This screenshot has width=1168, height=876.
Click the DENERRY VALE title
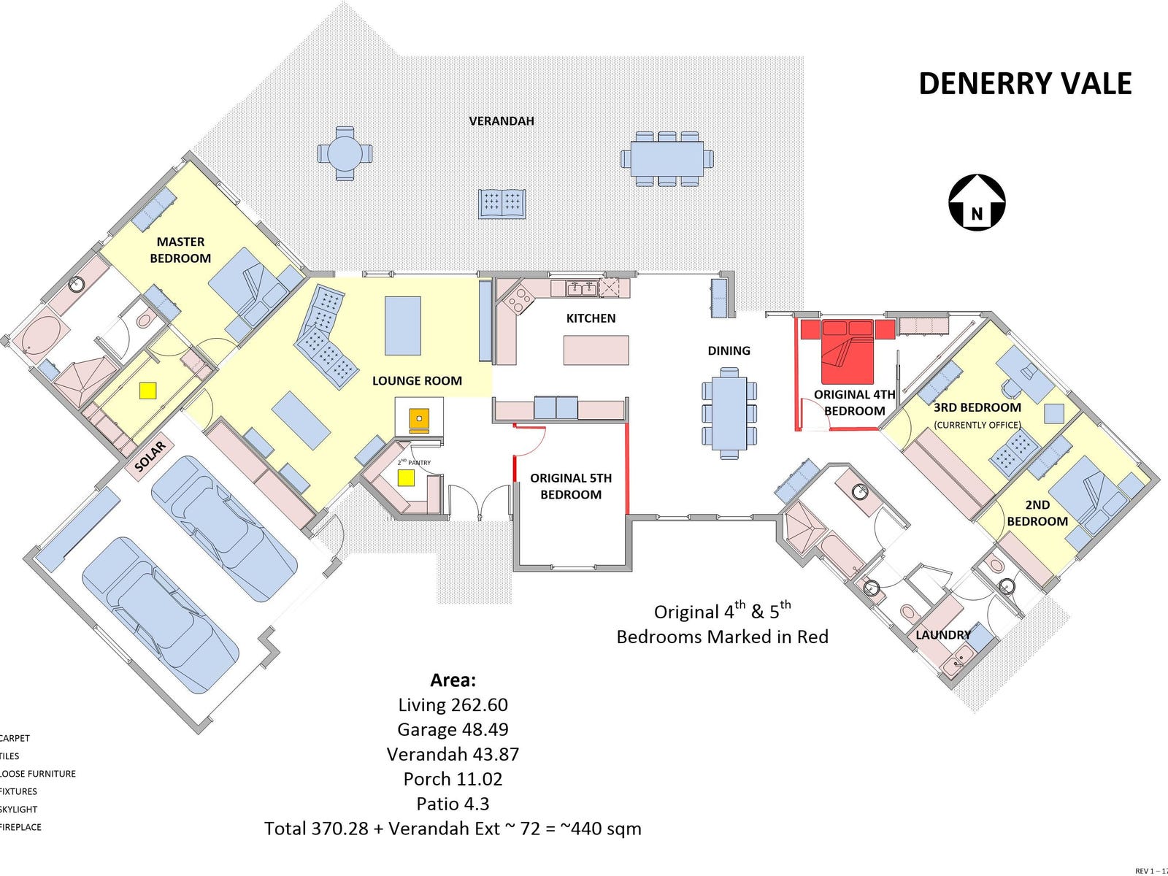pos(1024,84)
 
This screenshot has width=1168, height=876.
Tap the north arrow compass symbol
pos(977,202)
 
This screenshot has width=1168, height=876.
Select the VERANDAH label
pos(502,121)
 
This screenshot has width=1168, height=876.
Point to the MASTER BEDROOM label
pos(180,250)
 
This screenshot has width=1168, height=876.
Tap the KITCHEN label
pos(591,318)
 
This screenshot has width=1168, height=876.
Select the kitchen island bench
pos(596,350)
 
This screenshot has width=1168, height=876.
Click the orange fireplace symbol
pos(420,419)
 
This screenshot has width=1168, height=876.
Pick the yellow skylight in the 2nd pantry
pos(406,477)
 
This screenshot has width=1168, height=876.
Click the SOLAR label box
pos(150,456)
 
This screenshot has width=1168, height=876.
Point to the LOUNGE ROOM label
pos(417,380)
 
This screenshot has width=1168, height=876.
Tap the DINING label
pos(729,350)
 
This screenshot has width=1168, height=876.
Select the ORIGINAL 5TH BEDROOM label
pos(571,486)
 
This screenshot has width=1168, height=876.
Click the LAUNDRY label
pos(943,634)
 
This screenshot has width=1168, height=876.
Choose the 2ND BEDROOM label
pos(1037,512)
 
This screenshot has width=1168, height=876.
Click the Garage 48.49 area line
pos(453,729)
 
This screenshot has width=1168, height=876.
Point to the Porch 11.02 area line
pos(453,779)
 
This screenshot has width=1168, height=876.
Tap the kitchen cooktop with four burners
pos(520,299)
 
